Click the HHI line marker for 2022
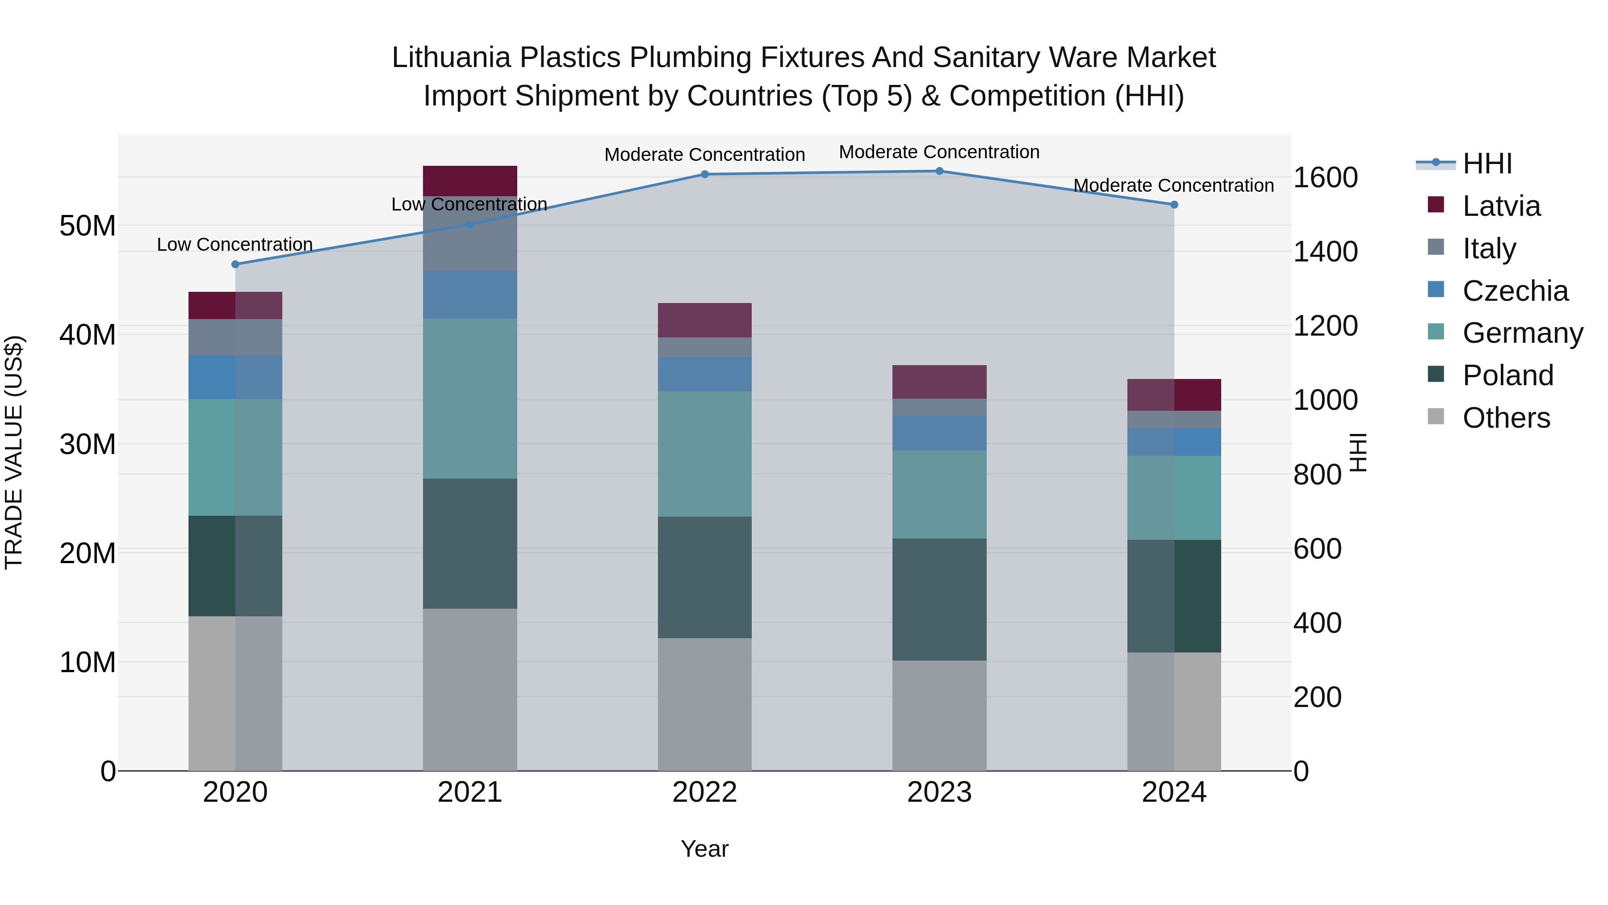tap(705, 174)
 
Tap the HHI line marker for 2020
tap(235, 264)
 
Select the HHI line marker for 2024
tap(1174, 205)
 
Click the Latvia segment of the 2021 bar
tap(470, 181)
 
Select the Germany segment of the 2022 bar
tap(705, 454)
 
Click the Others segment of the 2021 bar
tap(470, 690)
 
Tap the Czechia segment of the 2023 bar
tap(939, 433)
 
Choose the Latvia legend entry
tap(1501, 206)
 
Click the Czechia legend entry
tap(1515, 291)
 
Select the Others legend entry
tap(1506, 418)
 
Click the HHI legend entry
tap(1487, 164)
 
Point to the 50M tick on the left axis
tap(88, 226)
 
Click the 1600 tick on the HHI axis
tap(1325, 178)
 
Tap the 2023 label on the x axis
tap(939, 792)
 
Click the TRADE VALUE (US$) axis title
tap(14, 452)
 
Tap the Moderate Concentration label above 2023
tap(939, 152)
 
